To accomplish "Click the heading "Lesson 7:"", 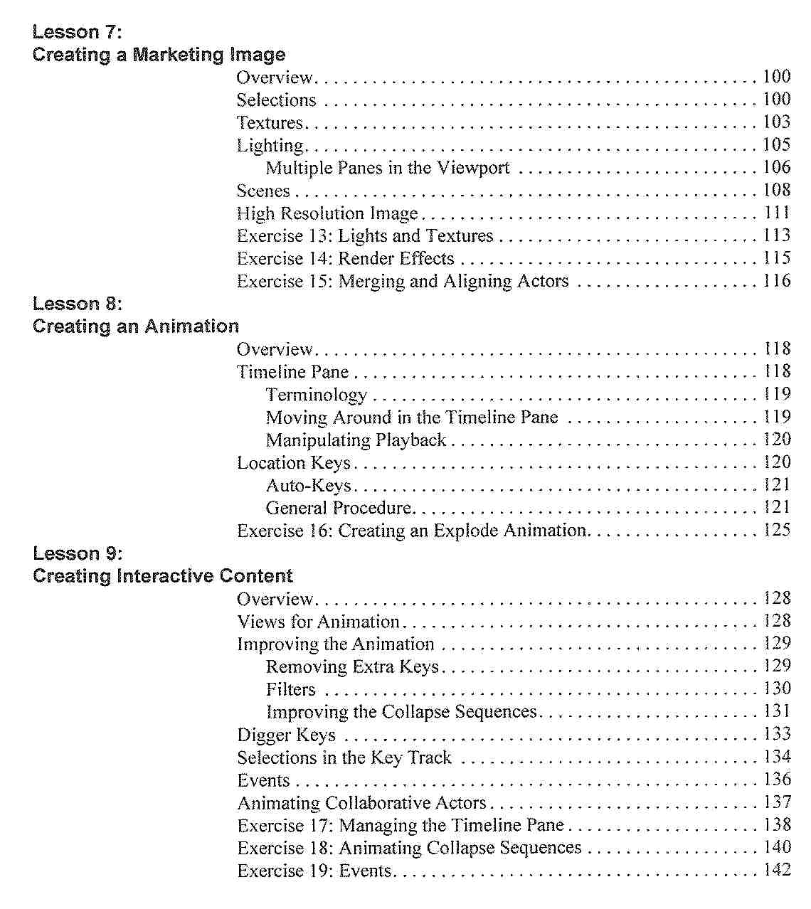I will pyautogui.click(x=78, y=32).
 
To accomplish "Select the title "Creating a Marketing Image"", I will pyautogui.click(x=159, y=55).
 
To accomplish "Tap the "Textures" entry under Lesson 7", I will pyautogui.click(x=270, y=122).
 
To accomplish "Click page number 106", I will pyautogui.click(x=776, y=167).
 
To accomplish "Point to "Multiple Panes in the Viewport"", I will pyautogui.click(x=388, y=168).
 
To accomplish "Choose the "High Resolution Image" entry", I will pyautogui.click(x=327, y=213).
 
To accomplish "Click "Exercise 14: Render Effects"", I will pyautogui.click(x=345, y=258).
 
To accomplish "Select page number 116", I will pyautogui.click(x=776, y=281).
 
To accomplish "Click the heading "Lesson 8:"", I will pyautogui.click(x=78, y=304).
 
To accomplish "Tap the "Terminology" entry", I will pyautogui.click(x=317, y=395).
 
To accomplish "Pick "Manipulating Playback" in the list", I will pyautogui.click(x=356, y=440).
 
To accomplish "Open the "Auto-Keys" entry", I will pyautogui.click(x=309, y=486).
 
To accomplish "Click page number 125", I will pyautogui.click(x=776, y=530).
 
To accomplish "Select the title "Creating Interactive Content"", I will pyautogui.click(x=163, y=575).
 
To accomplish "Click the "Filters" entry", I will pyautogui.click(x=290, y=689).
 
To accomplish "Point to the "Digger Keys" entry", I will pyautogui.click(x=286, y=735).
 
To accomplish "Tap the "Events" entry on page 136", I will pyautogui.click(x=263, y=780).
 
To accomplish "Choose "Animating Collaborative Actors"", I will pyautogui.click(x=361, y=803).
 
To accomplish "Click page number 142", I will pyautogui.click(x=776, y=870).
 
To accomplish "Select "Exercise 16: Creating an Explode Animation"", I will pyautogui.click(x=412, y=531).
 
